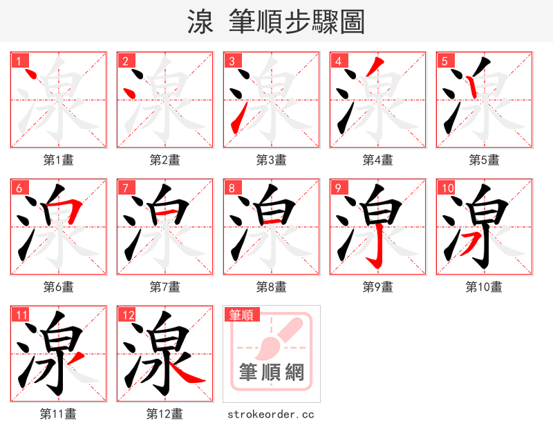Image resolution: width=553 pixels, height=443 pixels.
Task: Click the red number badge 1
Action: pyautogui.click(x=19, y=61)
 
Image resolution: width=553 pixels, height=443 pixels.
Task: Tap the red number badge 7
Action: pyautogui.click(x=126, y=188)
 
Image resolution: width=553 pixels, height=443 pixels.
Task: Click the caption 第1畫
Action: pyautogui.click(x=59, y=160)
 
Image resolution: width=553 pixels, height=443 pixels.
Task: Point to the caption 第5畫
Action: pyautogui.click(x=485, y=160)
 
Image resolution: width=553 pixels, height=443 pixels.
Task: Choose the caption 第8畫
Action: pyautogui.click(x=272, y=286)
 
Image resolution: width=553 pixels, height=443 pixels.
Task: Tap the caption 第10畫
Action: pyautogui.click(x=484, y=286)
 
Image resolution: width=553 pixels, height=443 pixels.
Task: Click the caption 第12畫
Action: pyautogui.click(x=165, y=414)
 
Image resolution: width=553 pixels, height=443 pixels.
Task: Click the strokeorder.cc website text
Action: pyautogui.click(x=271, y=414)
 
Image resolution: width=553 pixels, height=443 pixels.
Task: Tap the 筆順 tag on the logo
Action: pyautogui.click(x=241, y=315)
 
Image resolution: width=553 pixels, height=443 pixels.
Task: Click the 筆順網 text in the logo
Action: pyautogui.click(x=271, y=373)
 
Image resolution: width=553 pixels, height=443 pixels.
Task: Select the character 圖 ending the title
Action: pyautogui.click(x=351, y=22)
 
